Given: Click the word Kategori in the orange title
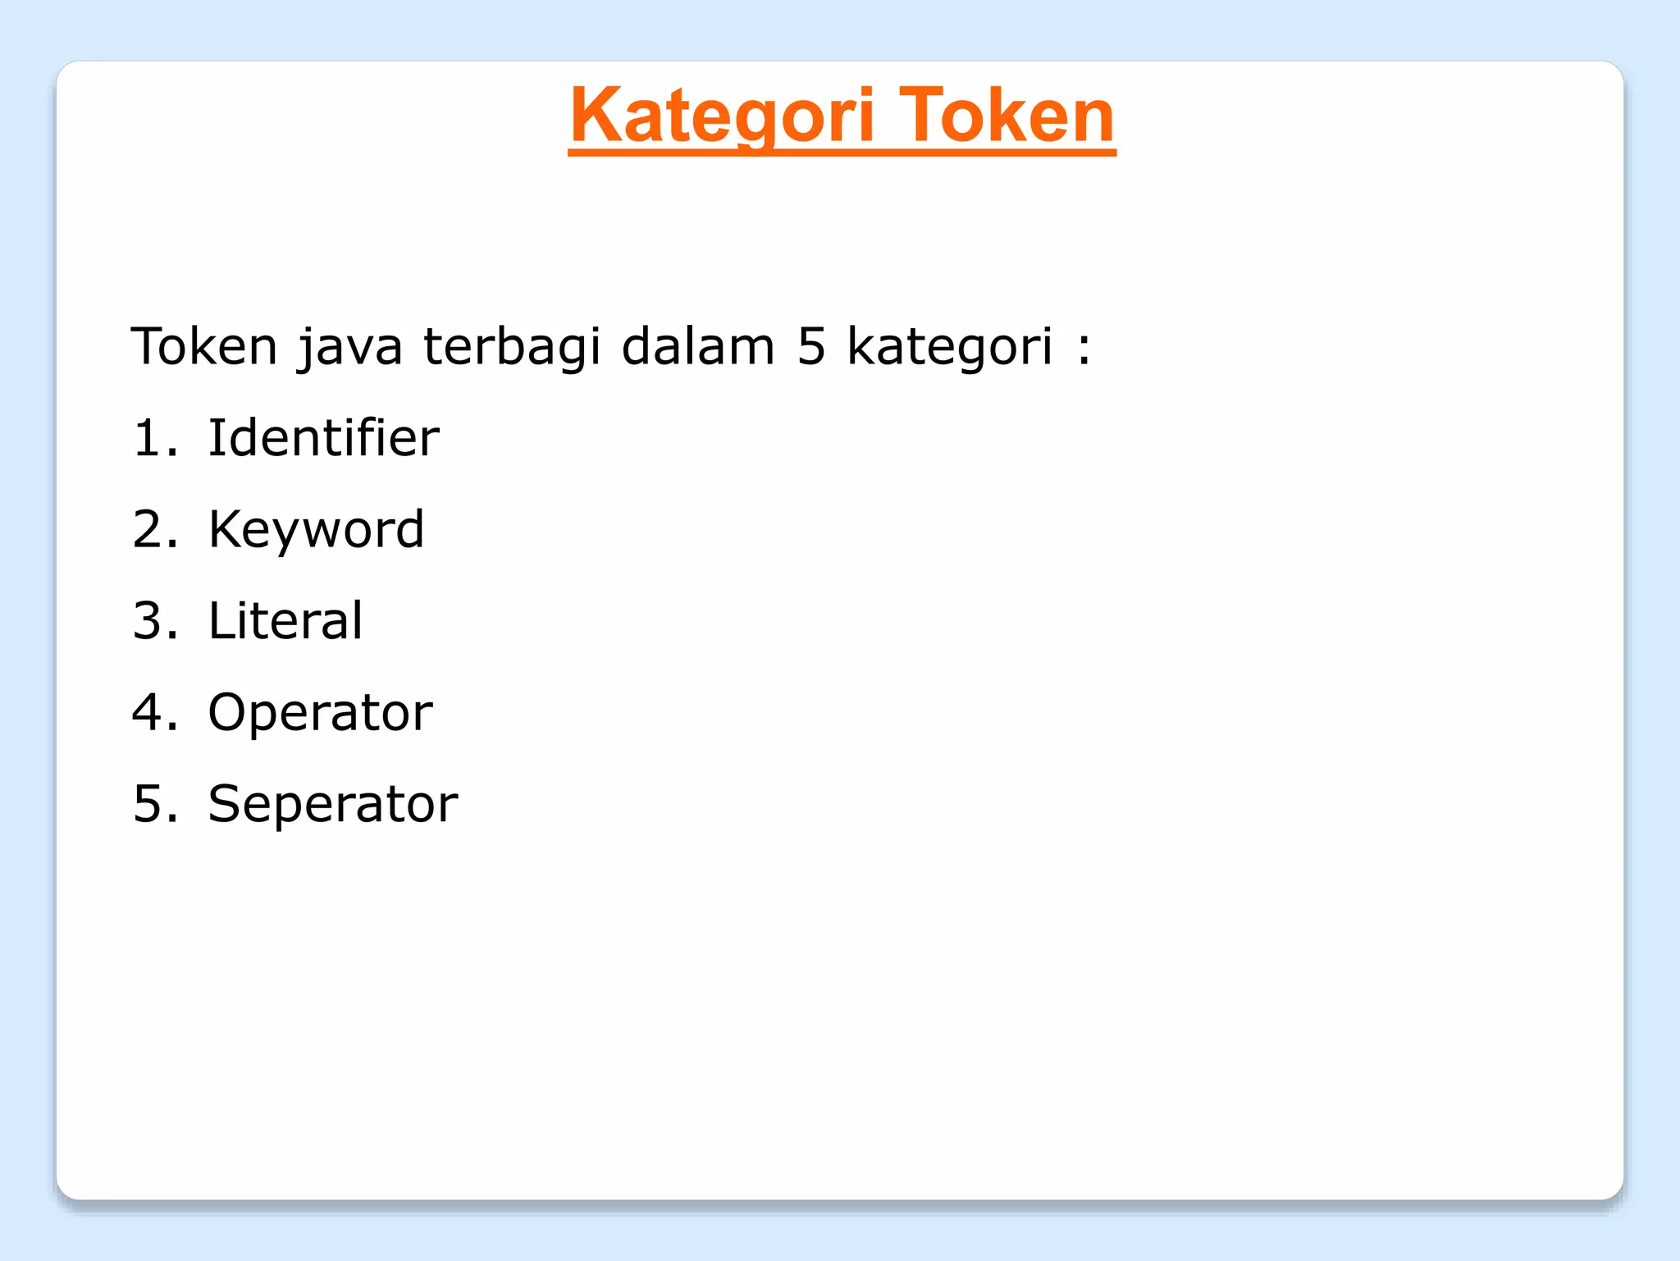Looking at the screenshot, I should (722, 117).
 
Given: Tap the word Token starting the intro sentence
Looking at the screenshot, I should (204, 346).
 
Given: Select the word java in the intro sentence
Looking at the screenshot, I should (350, 348).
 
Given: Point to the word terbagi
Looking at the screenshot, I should (512, 346).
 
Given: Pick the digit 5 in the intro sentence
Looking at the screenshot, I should (810, 346).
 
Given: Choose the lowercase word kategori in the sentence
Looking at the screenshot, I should (949, 348).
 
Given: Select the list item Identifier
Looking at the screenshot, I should (323, 437).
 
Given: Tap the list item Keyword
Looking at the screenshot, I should (316, 530).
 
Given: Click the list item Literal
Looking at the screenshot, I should (285, 620).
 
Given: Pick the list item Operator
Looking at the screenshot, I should (320, 712).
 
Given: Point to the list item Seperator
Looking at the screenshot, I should (332, 804).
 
